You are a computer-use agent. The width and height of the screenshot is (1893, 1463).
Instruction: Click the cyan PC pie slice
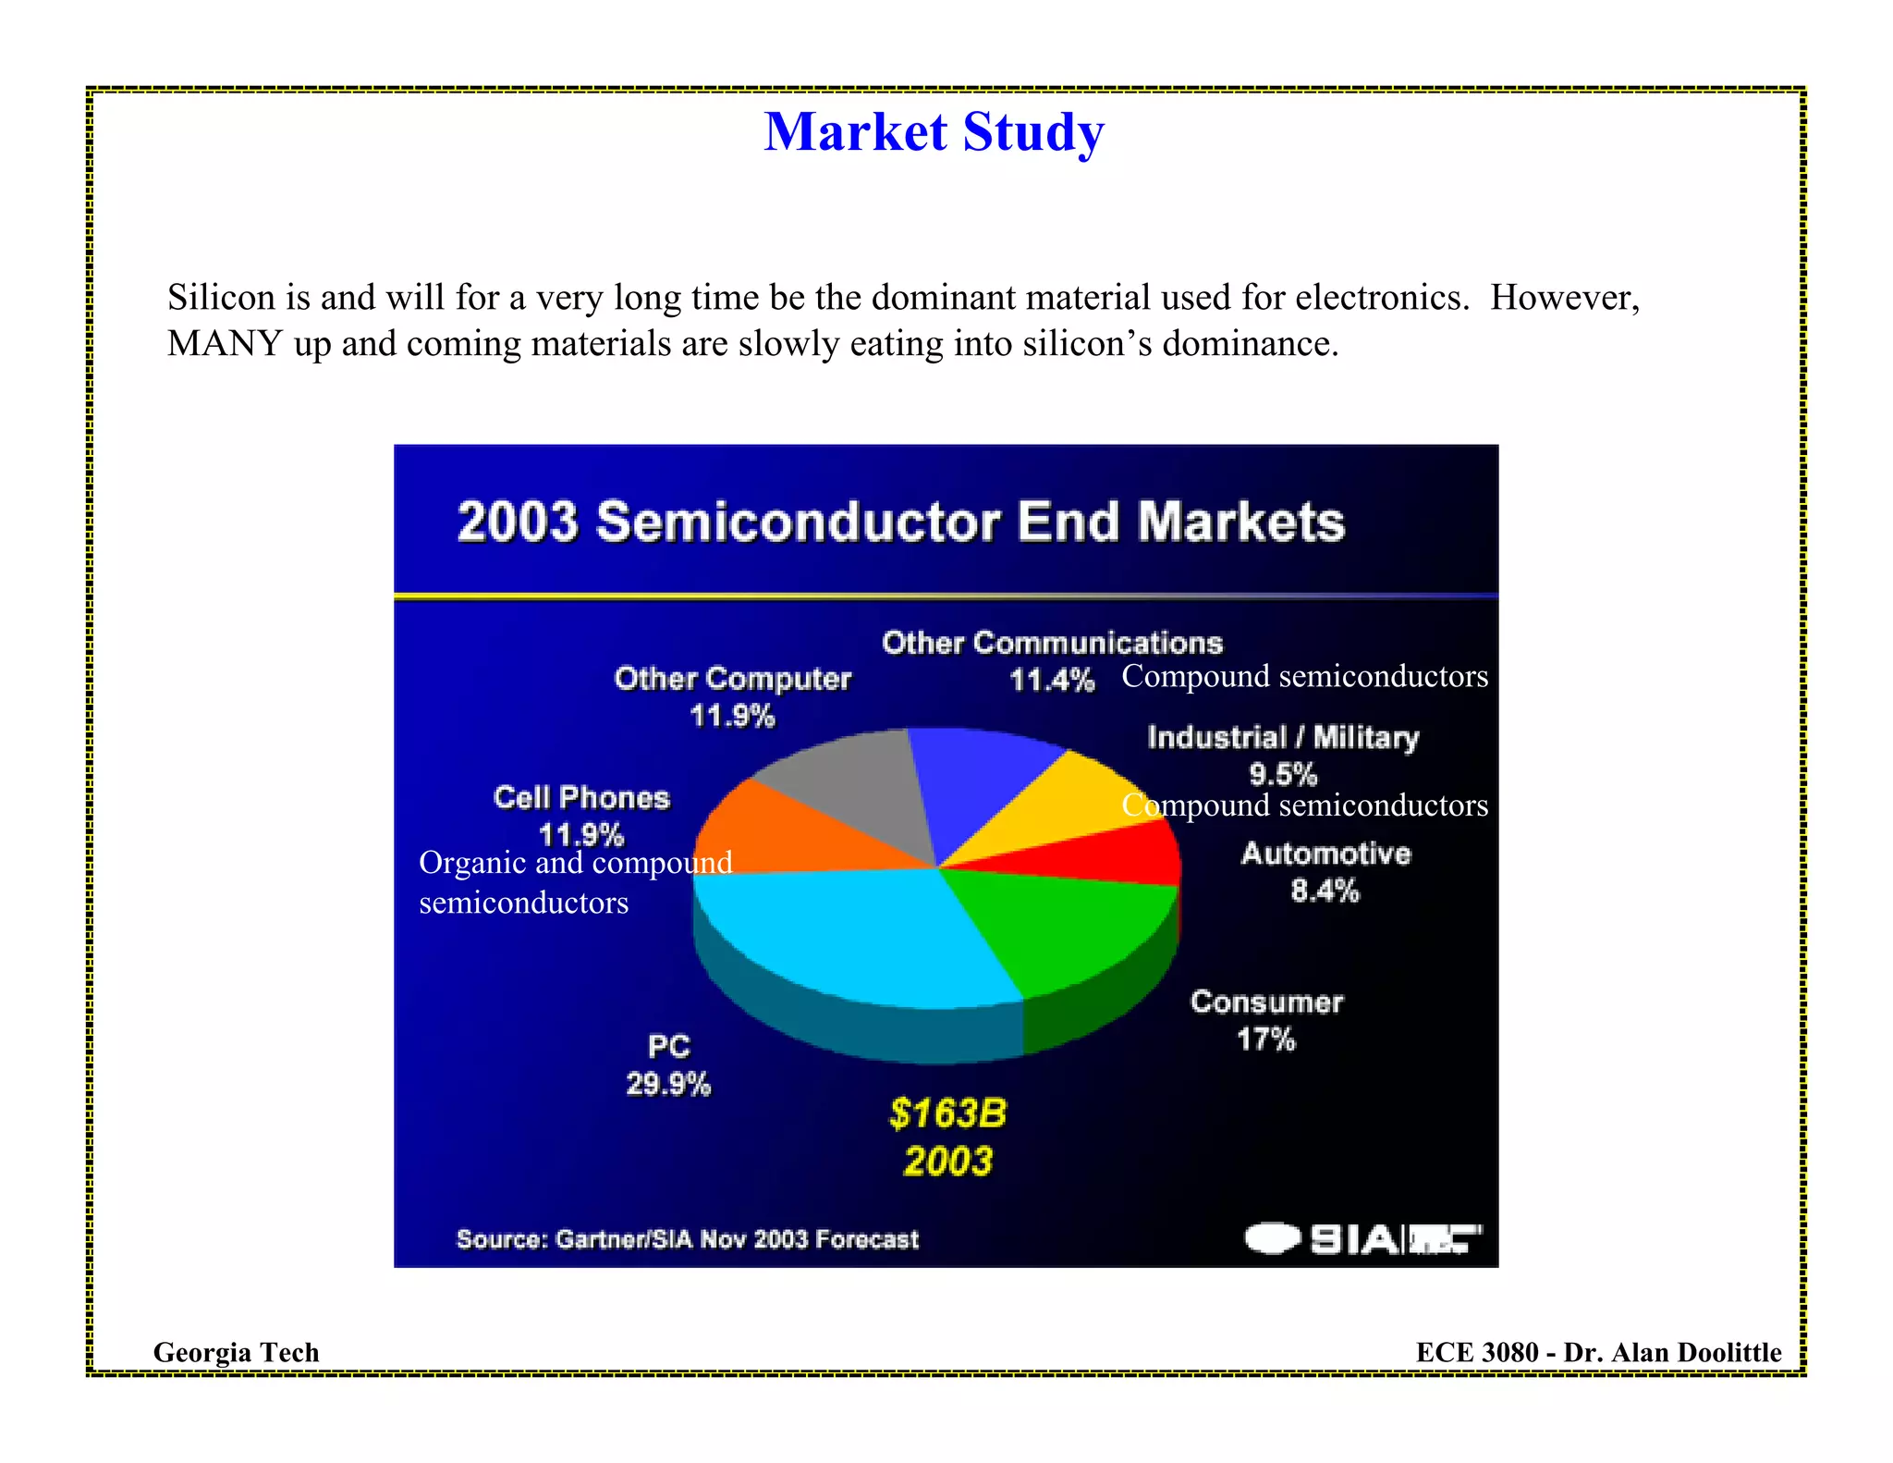[860, 934]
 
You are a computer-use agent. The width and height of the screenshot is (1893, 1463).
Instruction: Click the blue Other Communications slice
[980, 777]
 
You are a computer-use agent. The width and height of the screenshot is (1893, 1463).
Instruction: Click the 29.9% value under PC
[668, 1084]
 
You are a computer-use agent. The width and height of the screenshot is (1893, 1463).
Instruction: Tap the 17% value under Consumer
[1266, 1039]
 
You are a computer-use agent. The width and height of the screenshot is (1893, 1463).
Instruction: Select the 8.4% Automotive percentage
[1325, 891]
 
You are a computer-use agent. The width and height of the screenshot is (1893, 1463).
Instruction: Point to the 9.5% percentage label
[1283, 773]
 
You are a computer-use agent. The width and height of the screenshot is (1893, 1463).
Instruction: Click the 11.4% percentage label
[1052, 681]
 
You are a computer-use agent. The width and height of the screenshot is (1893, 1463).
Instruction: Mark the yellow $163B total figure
[947, 1113]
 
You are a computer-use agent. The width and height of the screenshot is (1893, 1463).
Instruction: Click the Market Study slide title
[934, 132]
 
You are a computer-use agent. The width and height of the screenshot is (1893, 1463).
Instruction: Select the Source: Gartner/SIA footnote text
[688, 1239]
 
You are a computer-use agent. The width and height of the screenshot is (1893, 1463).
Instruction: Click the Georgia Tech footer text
[236, 1352]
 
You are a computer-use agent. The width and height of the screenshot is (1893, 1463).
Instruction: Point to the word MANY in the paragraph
[225, 344]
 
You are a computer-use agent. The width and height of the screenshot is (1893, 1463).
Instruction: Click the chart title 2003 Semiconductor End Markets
[900, 522]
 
